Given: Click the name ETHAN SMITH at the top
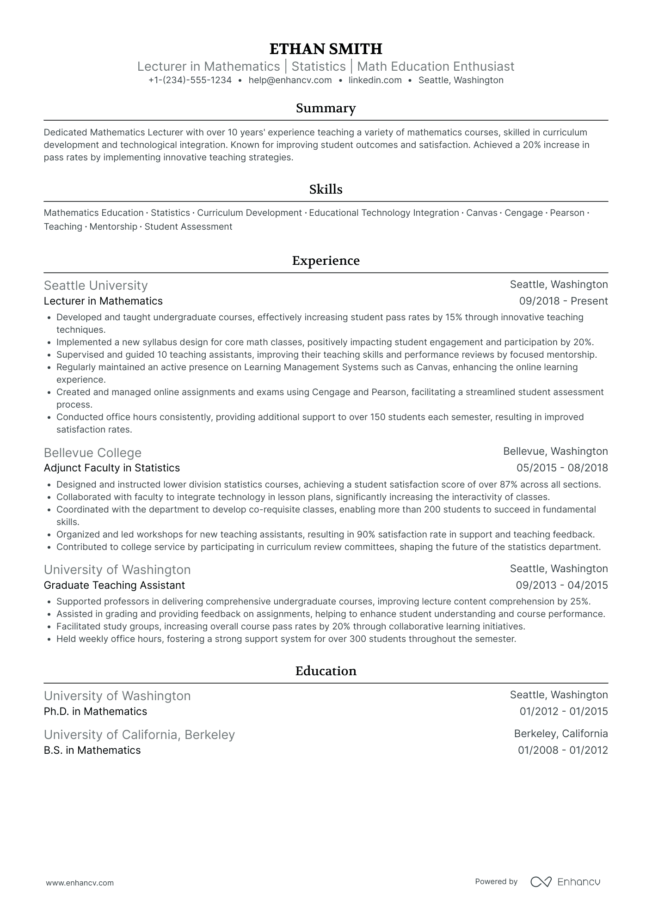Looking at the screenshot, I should coord(326,49).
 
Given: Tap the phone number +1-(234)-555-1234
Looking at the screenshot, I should coord(190,80).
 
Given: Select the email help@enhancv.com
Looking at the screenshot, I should coord(290,80).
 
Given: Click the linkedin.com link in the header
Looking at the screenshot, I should coord(375,80).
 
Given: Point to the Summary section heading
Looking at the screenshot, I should coord(326,108).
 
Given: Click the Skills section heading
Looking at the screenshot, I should coord(326,189).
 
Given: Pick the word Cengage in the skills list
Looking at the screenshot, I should coord(523,213).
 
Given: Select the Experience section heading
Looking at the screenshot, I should coord(326,261).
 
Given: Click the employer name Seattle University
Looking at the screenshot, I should coord(96,286).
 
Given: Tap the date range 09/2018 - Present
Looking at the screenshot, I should coord(563,301).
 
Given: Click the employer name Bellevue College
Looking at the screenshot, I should coord(92,453).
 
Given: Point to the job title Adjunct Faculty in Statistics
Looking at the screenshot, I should coord(111,468).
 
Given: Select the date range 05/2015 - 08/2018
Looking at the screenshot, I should coord(562,468).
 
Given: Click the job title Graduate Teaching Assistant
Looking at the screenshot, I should coord(114,586).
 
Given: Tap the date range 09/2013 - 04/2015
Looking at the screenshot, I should coord(562,586).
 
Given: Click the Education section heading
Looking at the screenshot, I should coord(326,671).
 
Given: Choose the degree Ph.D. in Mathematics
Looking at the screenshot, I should coord(95,712).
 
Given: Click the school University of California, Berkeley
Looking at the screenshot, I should coord(139,735).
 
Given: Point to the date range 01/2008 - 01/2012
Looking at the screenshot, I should coord(563,751).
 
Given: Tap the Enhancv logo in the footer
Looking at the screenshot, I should coord(565,882).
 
